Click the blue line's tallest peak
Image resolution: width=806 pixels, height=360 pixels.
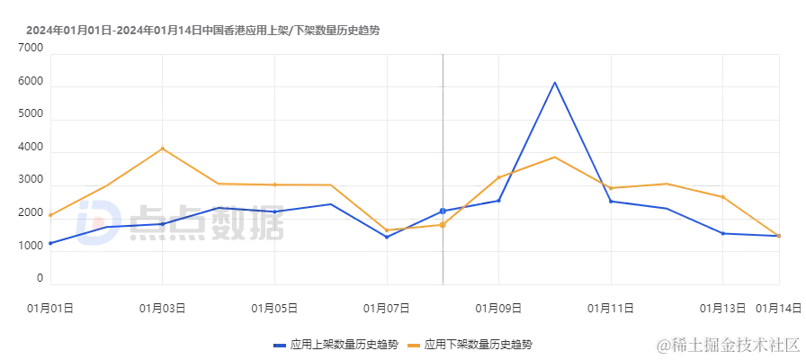555,82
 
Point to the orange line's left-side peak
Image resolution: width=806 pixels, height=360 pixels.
162,147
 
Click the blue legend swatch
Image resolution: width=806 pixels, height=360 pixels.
281,345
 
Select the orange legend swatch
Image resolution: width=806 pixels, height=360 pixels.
414,345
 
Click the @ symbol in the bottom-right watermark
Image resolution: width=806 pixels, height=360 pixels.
663,344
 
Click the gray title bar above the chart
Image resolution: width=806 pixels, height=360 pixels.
201,29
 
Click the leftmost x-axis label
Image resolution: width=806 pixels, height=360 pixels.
49,310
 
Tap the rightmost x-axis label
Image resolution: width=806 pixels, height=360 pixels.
779,310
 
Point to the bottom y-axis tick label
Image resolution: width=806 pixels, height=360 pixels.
40,281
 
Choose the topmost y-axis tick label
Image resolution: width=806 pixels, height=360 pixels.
29,49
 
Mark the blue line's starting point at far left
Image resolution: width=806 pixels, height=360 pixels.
52,241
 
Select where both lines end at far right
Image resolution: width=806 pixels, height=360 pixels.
777,234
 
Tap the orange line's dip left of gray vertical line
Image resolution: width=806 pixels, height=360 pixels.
389,230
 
